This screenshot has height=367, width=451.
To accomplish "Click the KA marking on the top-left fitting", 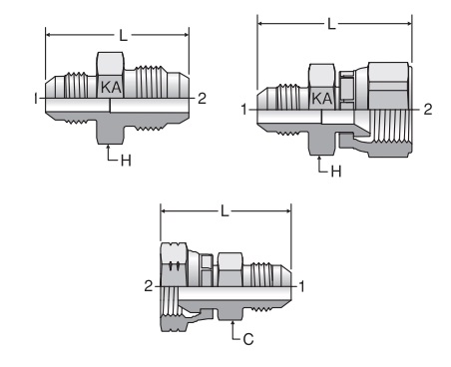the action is coord(111,87).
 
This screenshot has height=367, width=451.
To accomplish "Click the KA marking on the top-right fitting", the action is coord(322,99).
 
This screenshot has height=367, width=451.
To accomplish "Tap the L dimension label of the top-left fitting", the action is coord(124,35).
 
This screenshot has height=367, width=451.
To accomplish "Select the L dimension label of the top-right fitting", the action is coord(331,24).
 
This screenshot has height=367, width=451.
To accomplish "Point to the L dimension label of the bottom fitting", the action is coord(225,211).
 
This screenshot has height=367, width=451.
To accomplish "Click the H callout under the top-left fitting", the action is coord(126,161).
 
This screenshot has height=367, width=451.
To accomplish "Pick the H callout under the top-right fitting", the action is coord(336,172).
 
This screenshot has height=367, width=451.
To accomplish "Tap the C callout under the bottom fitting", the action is coord(248,339).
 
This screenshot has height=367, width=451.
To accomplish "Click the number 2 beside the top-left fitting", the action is coord(202,99).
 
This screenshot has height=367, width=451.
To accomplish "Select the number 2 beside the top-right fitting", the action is coord(428,110).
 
